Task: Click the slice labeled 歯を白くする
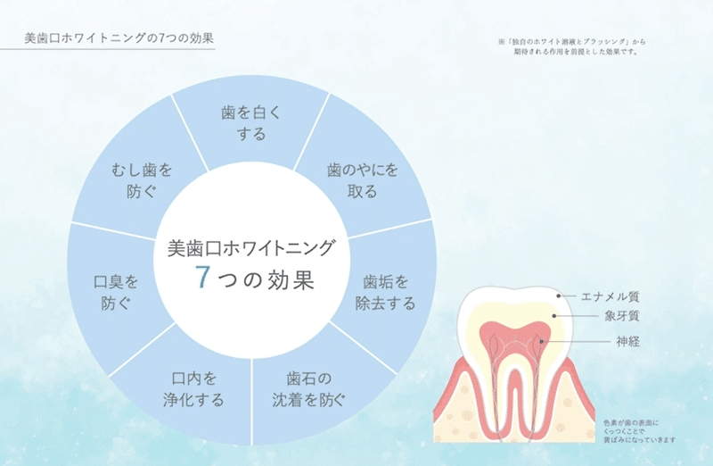click(x=250, y=123)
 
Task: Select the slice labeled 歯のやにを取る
click(x=350, y=179)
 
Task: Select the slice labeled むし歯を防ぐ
click(x=143, y=179)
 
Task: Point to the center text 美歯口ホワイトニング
click(x=251, y=248)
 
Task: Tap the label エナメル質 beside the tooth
click(x=610, y=296)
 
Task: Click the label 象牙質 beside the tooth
click(x=621, y=317)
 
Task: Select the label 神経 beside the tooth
click(x=627, y=341)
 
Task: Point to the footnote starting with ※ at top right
click(x=570, y=41)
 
